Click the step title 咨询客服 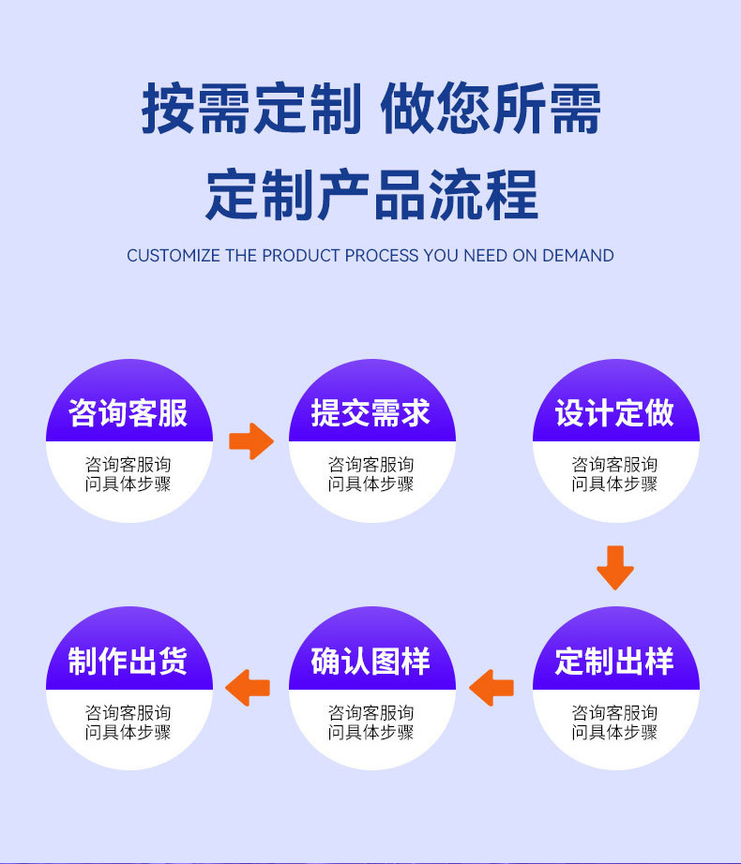(129, 413)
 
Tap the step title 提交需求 (371, 413)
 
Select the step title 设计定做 (614, 413)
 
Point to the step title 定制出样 (614, 662)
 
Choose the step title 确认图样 (371, 662)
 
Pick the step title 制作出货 (129, 662)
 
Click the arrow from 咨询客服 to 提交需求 (250, 440)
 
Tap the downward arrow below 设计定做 (615, 567)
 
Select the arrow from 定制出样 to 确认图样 (491, 688)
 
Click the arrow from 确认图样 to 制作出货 (249, 688)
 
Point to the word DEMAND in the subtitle (578, 256)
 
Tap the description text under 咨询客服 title (129, 474)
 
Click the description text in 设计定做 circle (614, 474)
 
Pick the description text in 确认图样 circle (371, 722)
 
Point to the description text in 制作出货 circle (129, 722)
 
